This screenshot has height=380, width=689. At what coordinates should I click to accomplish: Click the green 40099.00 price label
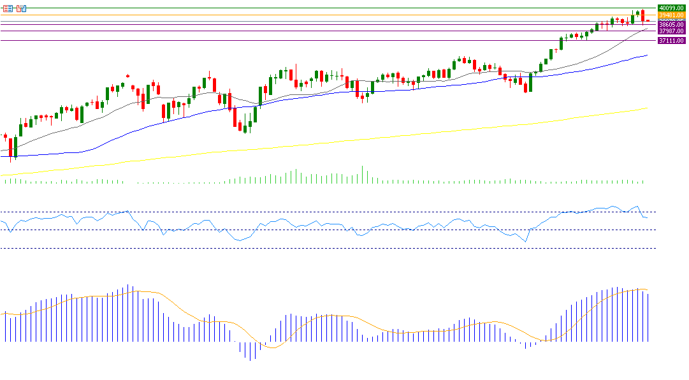pyautogui.click(x=672, y=8)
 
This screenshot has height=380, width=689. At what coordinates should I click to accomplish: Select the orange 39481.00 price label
pyautogui.click(x=672, y=15)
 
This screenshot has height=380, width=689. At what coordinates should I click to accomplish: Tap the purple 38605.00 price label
pyautogui.click(x=672, y=26)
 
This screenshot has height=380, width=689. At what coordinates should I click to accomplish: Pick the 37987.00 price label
pyautogui.click(x=672, y=31)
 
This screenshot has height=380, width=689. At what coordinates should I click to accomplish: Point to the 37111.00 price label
pyautogui.click(x=672, y=40)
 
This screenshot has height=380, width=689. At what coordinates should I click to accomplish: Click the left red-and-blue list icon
pyautogui.click(x=8, y=8)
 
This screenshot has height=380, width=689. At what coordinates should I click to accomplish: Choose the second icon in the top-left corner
pyautogui.click(x=21, y=8)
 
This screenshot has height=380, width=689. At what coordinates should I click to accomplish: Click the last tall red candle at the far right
pyautogui.click(x=643, y=16)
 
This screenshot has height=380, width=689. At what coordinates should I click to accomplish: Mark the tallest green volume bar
pyautogui.click(x=363, y=175)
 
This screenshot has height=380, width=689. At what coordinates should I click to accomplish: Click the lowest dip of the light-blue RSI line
pyautogui.click(x=526, y=241)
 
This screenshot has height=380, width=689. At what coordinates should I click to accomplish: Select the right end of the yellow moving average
pyautogui.click(x=647, y=108)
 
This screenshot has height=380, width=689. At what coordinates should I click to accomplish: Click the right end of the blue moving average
pyautogui.click(x=647, y=55)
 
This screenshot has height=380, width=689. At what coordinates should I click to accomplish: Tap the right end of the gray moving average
pyautogui.click(x=647, y=29)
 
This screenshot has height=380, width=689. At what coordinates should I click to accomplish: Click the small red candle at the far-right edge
pyautogui.click(x=648, y=21)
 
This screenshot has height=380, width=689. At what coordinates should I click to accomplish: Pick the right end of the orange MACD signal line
pyautogui.click(x=648, y=291)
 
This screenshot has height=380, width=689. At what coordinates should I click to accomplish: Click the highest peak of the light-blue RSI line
pyautogui.click(x=637, y=207)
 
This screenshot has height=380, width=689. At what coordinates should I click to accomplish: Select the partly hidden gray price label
pyautogui.click(x=672, y=20)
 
